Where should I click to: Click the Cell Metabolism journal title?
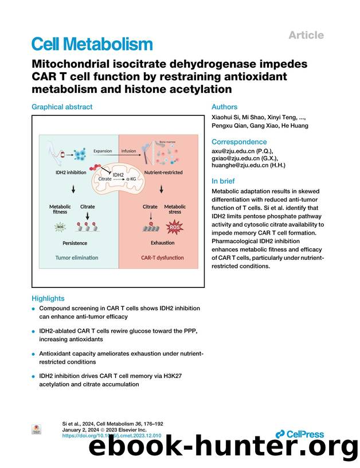click(x=92, y=44)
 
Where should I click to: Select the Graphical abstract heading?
click(x=62, y=107)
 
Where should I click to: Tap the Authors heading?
click(x=224, y=107)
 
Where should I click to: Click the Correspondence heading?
click(x=239, y=142)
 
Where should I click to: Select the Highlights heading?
click(x=48, y=298)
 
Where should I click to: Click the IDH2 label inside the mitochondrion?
click(x=118, y=174)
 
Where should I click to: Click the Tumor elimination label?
click(x=76, y=258)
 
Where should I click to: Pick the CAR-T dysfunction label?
click(x=162, y=258)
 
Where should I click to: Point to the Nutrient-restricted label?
click(x=163, y=172)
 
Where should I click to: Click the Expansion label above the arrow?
click(x=103, y=151)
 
